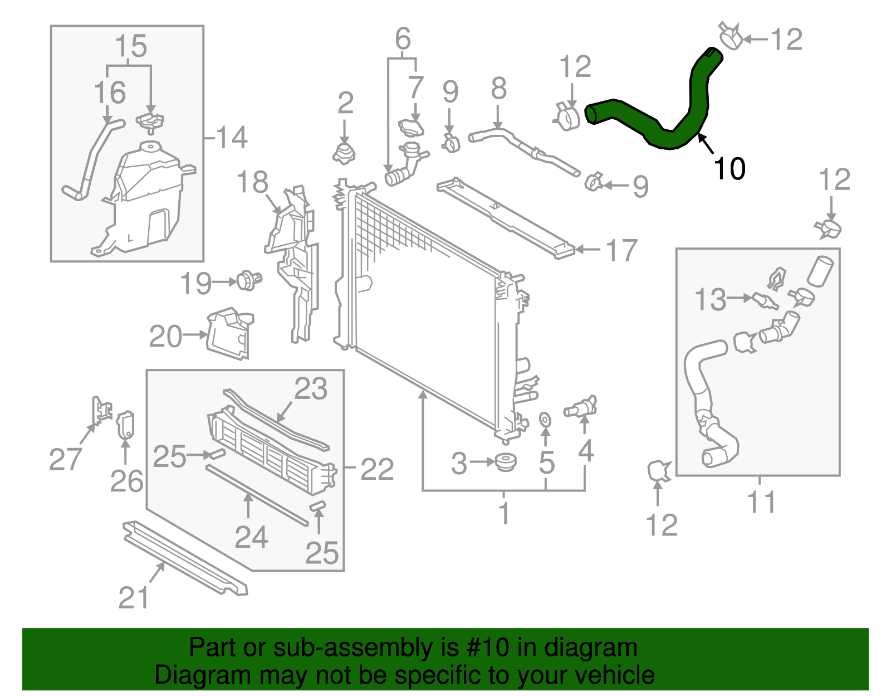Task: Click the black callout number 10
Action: coord(729,168)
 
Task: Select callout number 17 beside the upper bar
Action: coord(621,250)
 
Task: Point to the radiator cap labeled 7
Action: coord(411,127)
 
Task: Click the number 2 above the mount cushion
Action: coord(345,103)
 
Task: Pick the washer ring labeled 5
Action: coord(545,419)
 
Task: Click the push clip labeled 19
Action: coord(248,280)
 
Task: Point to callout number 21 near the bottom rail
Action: coord(134,597)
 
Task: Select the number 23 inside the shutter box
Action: coord(310,388)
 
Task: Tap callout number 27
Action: coord(65,459)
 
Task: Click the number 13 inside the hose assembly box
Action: coord(711,300)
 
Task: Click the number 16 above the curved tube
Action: coord(110,92)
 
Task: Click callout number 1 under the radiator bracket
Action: coord(504,513)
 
